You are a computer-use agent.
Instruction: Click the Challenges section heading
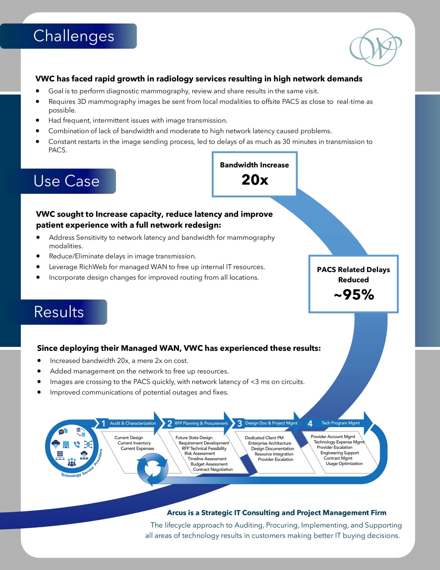click(x=74, y=36)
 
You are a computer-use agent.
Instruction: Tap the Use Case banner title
click(x=67, y=181)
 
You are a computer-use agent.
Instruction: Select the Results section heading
click(x=59, y=312)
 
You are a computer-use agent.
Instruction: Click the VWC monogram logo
click(x=375, y=47)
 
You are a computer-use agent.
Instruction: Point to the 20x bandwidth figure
click(x=255, y=180)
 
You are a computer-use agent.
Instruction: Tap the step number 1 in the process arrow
click(x=103, y=423)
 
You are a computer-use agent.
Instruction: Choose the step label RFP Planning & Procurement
click(x=201, y=423)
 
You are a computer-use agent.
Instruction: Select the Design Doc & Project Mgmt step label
click(x=271, y=423)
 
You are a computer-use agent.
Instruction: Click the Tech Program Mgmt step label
click(x=341, y=423)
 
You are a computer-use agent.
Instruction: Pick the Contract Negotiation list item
click(x=213, y=469)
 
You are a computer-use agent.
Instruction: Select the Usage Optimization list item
click(x=344, y=464)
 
